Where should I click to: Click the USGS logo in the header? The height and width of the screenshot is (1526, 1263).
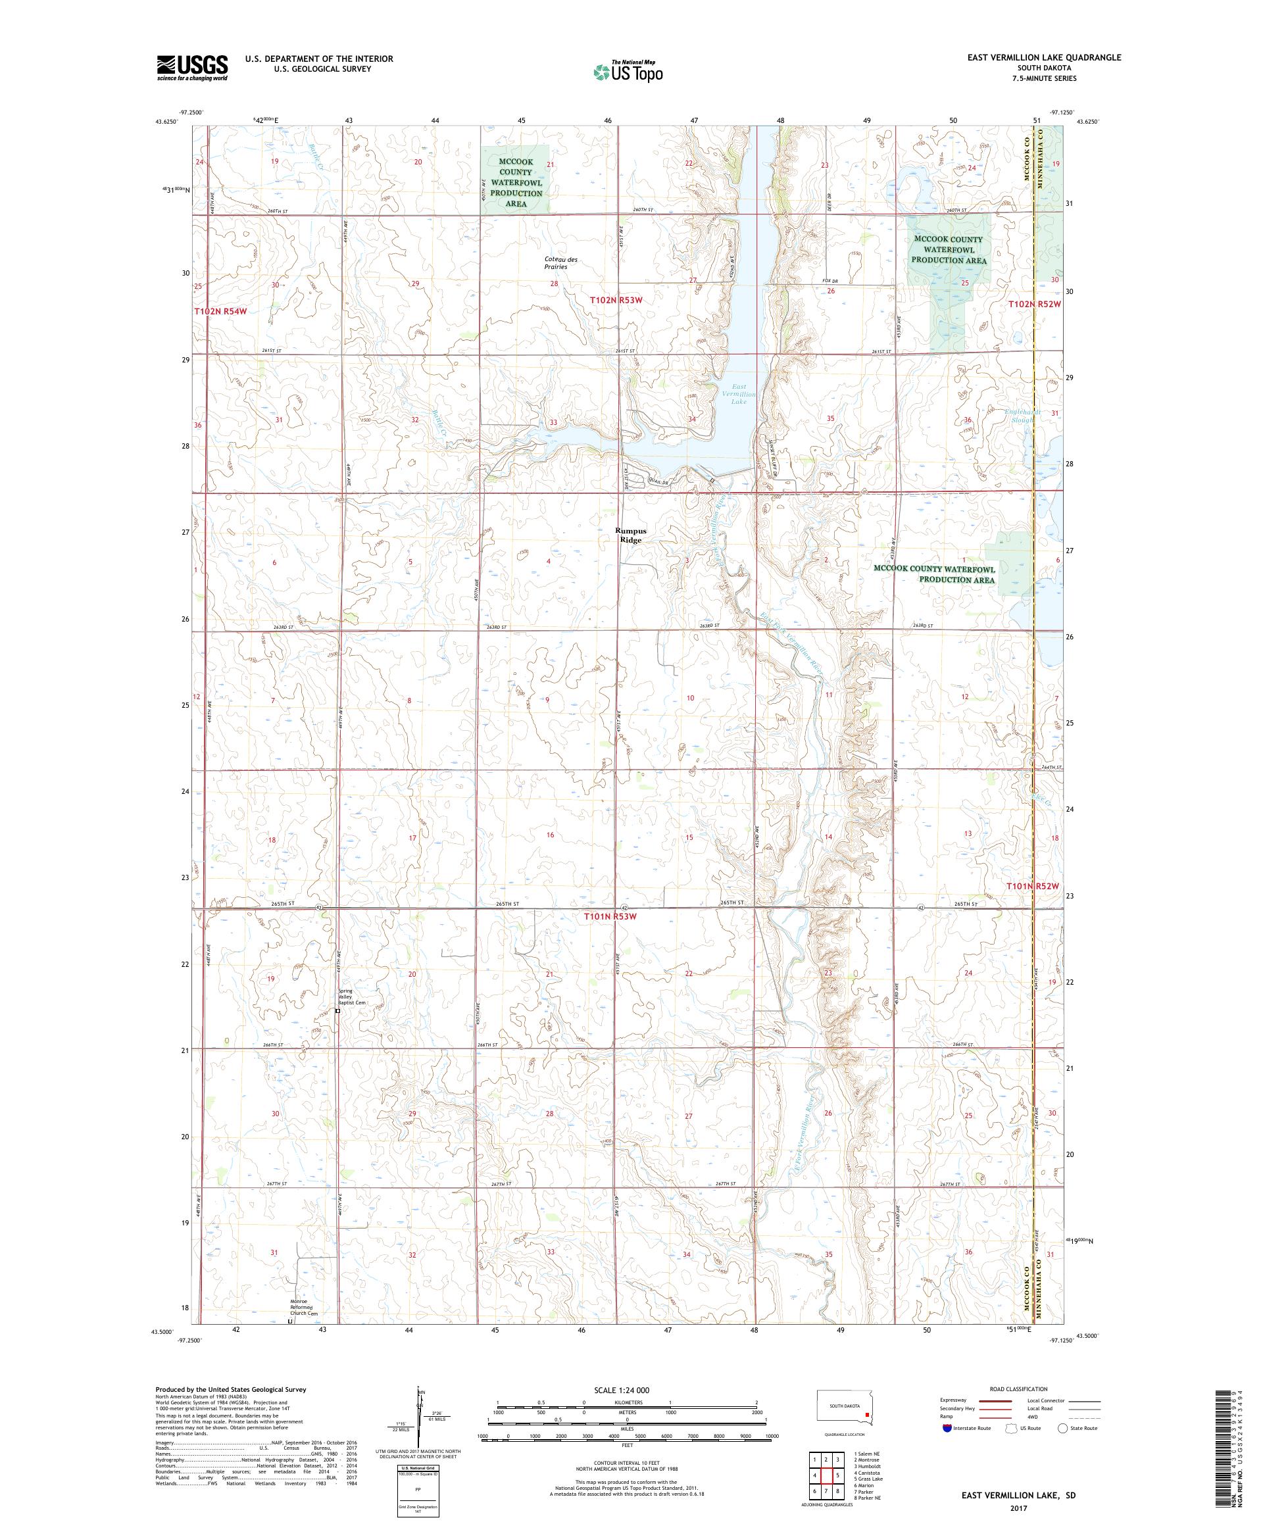coord(193,68)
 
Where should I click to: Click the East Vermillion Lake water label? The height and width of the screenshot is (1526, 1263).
coord(738,394)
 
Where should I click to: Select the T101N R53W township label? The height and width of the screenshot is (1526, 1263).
coord(610,917)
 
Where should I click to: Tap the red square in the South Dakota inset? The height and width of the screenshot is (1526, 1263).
coord(866,1415)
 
